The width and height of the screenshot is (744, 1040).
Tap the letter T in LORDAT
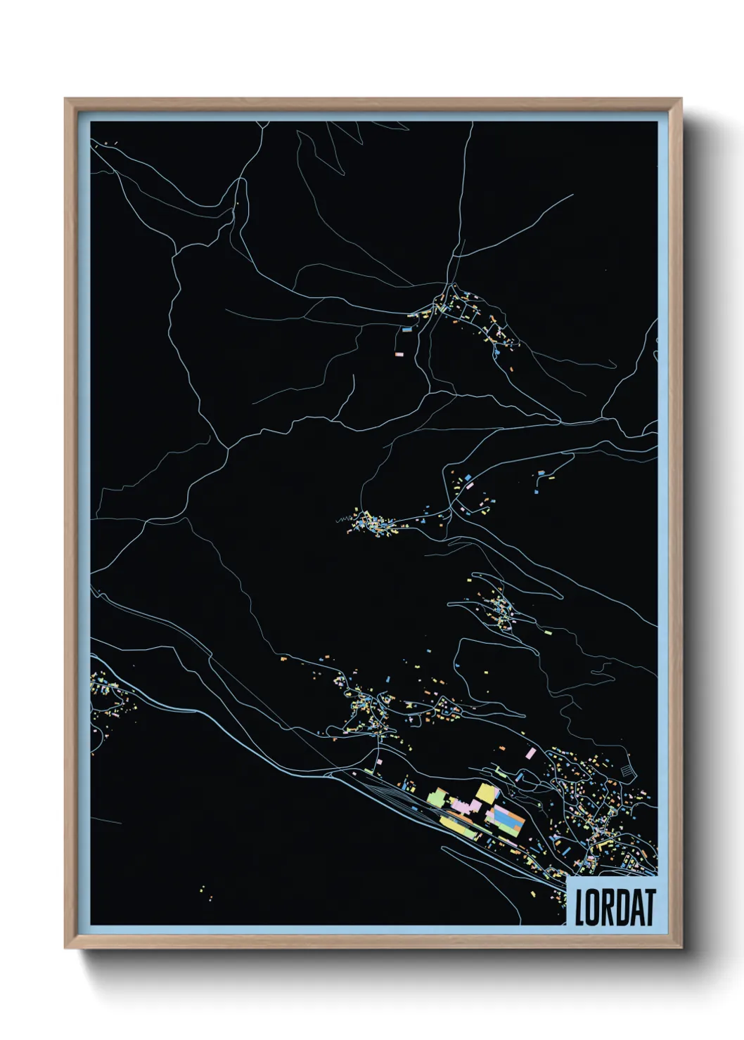pyautogui.click(x=648, y=908)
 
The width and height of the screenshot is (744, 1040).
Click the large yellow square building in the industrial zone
pyautogui.click(x=486, y=793)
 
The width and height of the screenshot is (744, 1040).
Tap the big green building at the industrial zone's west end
pyautogui.click(x=437, y=798)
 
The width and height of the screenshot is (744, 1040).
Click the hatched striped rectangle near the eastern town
pyautogui.click(x=627, y=772)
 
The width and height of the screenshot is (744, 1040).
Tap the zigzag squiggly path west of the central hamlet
pyautogui.click(x=342, y=520)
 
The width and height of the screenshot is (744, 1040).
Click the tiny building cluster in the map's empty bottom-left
pyautogui.click(x=205, y=892)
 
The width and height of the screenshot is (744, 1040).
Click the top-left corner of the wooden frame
pyautogui.click(x=66, y=100)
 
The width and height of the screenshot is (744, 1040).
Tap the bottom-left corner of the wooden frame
pyautogui.click(x=66, y=947)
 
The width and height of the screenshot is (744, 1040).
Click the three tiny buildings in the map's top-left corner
pyautogui.click(x=111, y=145)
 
